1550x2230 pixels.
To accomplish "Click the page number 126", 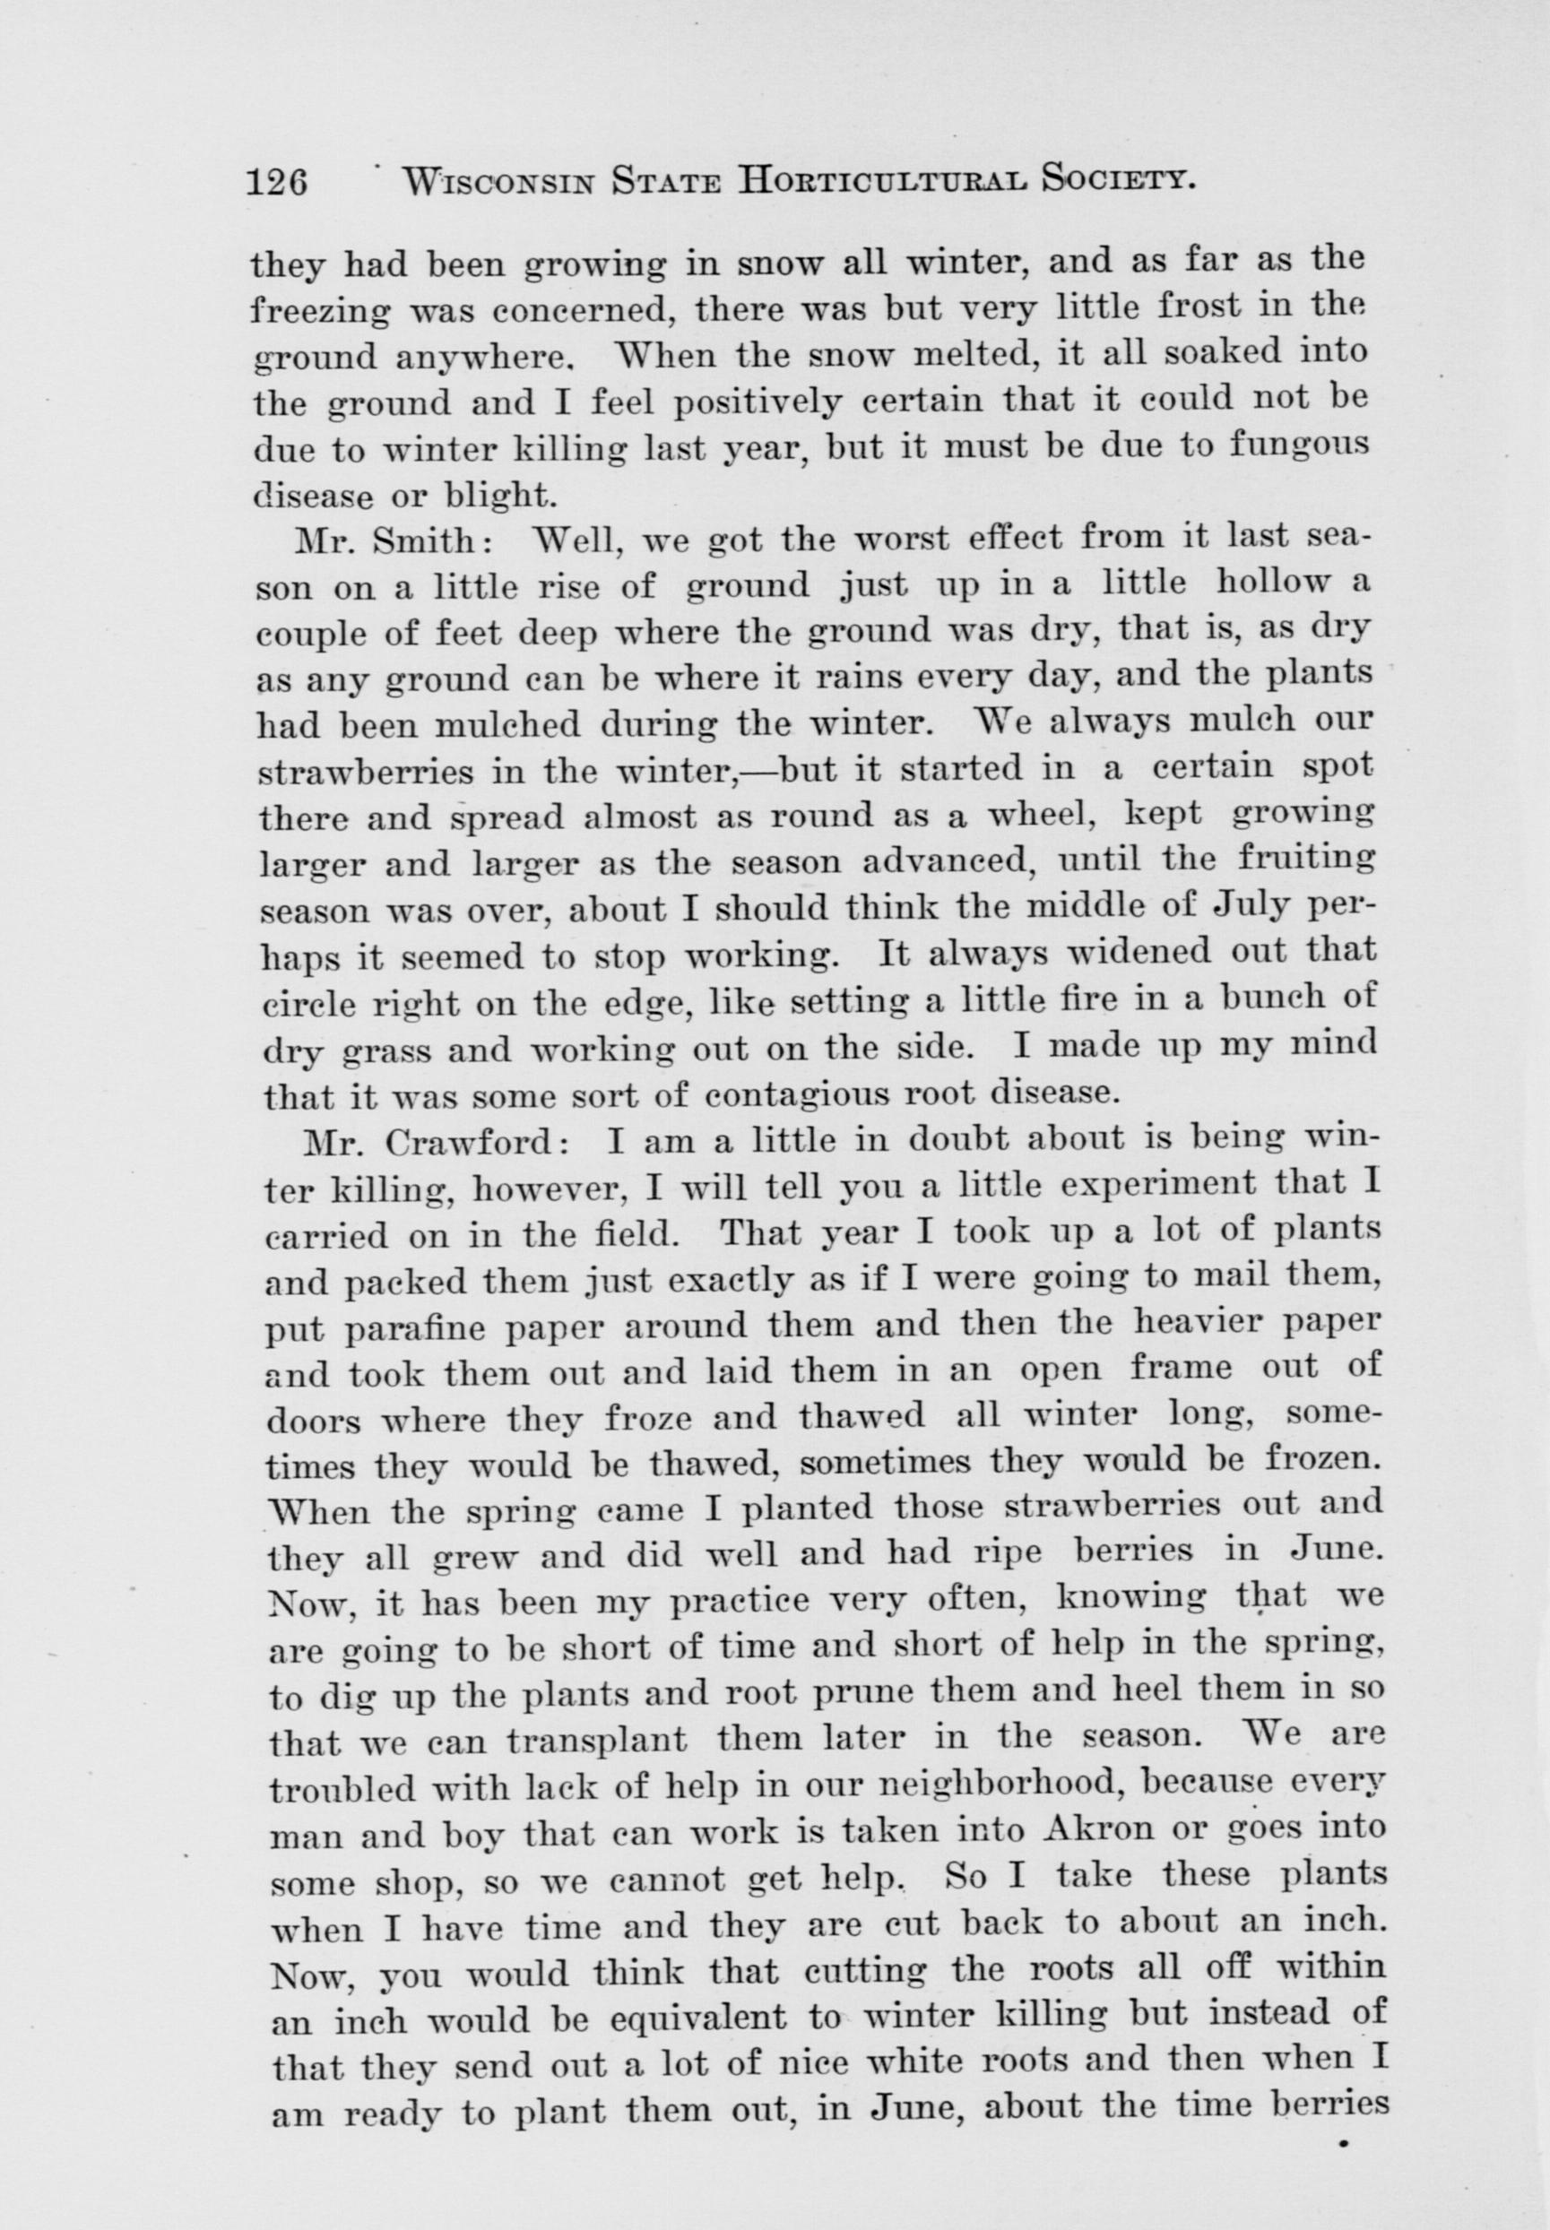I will point(278,183).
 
